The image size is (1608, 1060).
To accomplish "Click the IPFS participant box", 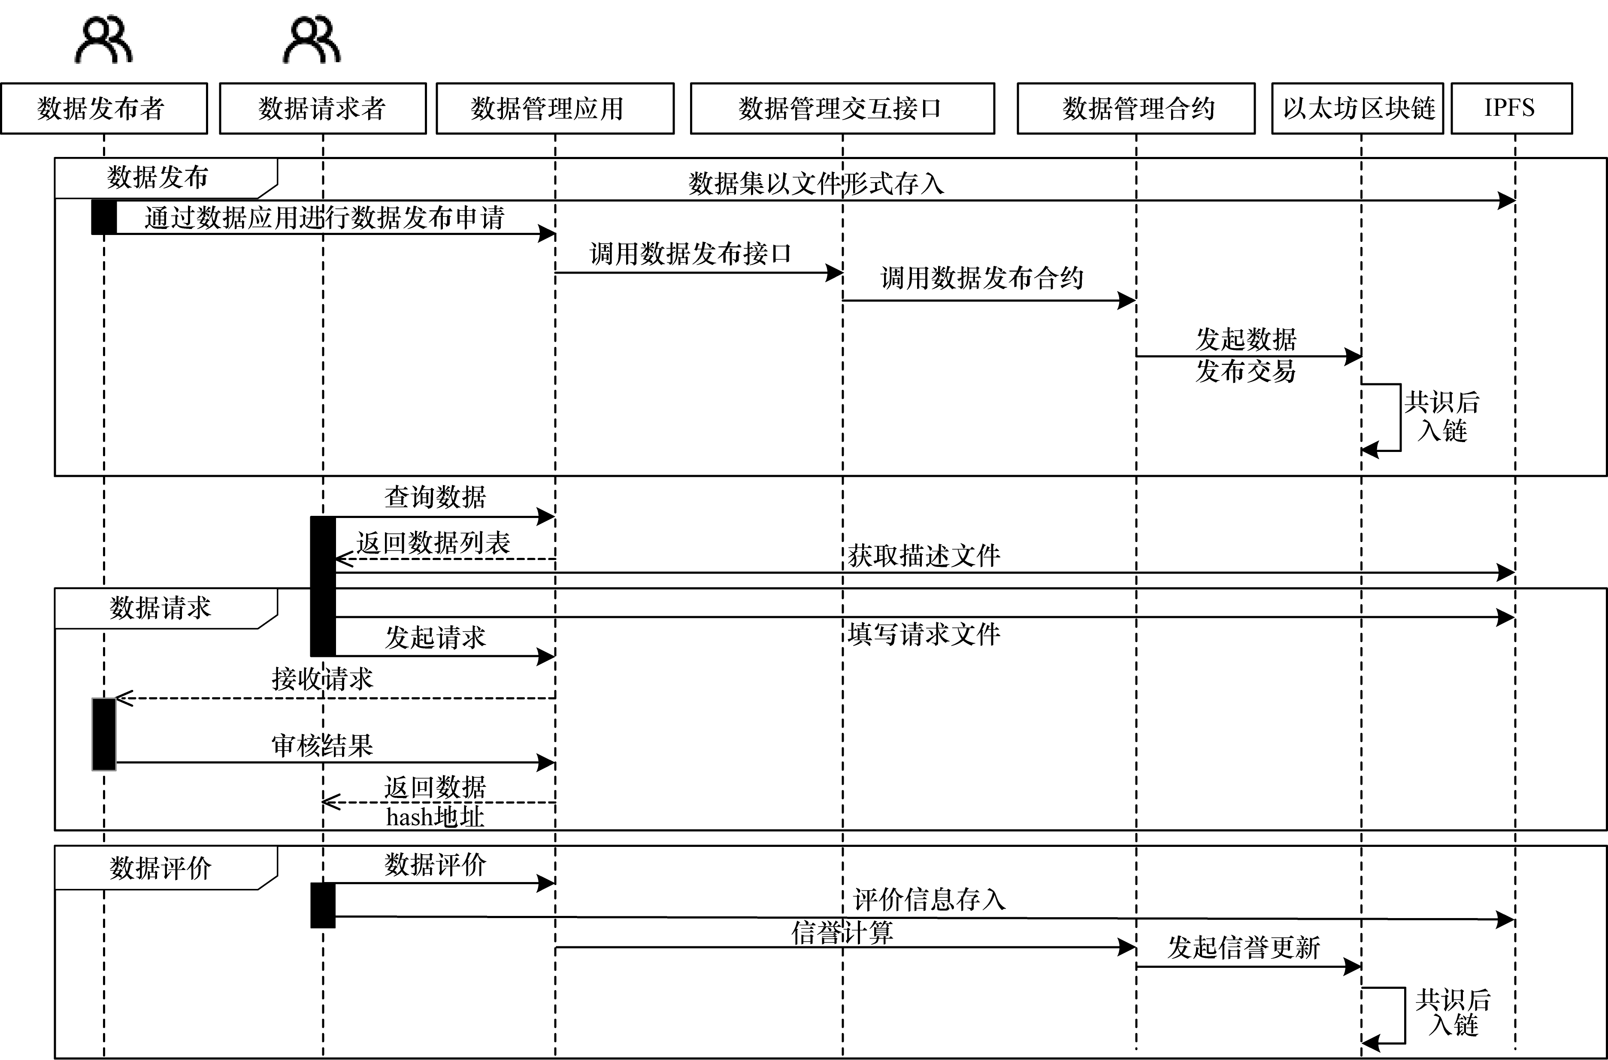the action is (1511, 108).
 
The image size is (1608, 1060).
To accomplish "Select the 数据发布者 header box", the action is (103, 108).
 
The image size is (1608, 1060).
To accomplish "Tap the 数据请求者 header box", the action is (323, 108).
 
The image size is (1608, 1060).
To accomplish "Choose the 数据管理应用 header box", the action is (555, 108).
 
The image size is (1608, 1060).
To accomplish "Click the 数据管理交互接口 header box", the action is (842, 108).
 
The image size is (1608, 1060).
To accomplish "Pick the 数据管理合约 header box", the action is (1136, 108).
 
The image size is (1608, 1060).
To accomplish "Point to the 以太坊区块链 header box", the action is (1358, 108).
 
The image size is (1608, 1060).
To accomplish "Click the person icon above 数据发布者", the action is (103, 41).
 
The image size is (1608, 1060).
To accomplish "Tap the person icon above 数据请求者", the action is (312, 41).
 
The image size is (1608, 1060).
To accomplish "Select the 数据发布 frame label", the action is (157, 177).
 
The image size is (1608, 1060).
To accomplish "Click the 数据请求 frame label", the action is (160, 608).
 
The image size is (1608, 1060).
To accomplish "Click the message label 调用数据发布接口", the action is (690, 253).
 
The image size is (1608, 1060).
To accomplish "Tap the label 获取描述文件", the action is (924, 556).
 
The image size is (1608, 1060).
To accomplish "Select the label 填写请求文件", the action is (924, 634).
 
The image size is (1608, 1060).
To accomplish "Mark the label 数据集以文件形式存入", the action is (817, 183).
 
